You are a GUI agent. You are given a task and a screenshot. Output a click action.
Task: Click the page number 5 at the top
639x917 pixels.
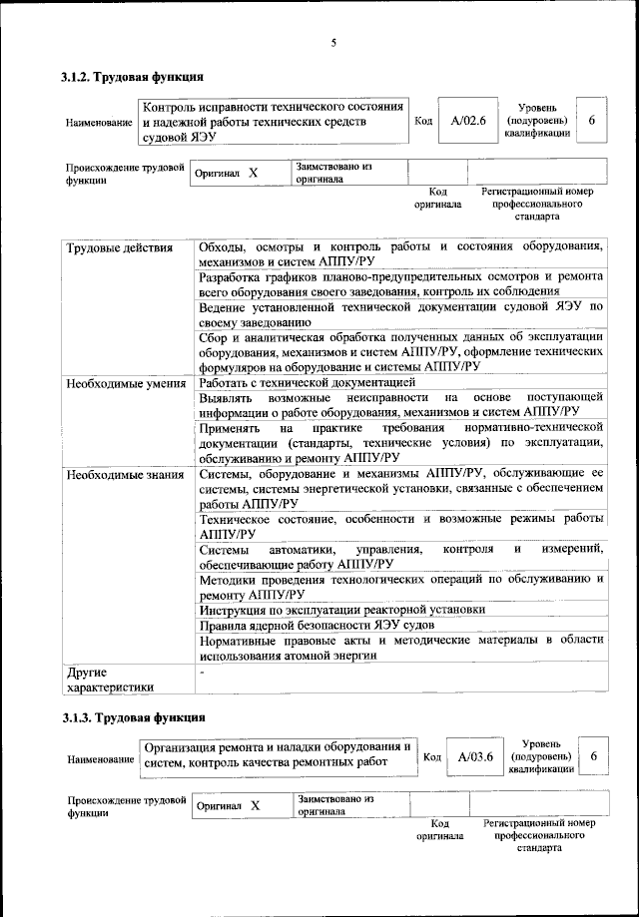[x=334, y=41]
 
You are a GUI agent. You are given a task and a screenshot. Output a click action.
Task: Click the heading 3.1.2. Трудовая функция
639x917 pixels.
[x=133, y=76]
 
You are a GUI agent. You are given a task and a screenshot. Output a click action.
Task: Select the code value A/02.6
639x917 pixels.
[x=467, y=121]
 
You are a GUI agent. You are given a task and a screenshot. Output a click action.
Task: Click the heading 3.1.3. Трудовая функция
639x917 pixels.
[x=133, y=717]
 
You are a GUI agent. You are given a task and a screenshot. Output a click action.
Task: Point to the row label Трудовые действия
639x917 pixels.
[x=119, y=247]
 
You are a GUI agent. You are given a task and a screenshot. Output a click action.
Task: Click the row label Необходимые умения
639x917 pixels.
[x=125, y=382]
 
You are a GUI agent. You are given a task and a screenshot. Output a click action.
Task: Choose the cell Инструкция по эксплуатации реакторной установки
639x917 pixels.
[x=342, y=609]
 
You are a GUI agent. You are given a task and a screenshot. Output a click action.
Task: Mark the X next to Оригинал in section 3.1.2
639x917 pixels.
[x=254, y=173]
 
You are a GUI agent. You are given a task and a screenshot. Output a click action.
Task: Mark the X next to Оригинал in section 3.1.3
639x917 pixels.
[x=256, y=805]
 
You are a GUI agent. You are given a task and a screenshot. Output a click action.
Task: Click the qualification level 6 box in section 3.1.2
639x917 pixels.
[x=592, y=120]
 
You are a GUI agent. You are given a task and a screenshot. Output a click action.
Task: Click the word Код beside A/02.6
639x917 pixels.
[x=422, y=122]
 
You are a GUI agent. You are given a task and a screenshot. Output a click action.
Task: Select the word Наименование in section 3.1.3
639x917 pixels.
[x=100, y=759]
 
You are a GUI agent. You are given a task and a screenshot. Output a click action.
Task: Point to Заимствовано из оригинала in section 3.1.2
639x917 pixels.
[x=333, y=173]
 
